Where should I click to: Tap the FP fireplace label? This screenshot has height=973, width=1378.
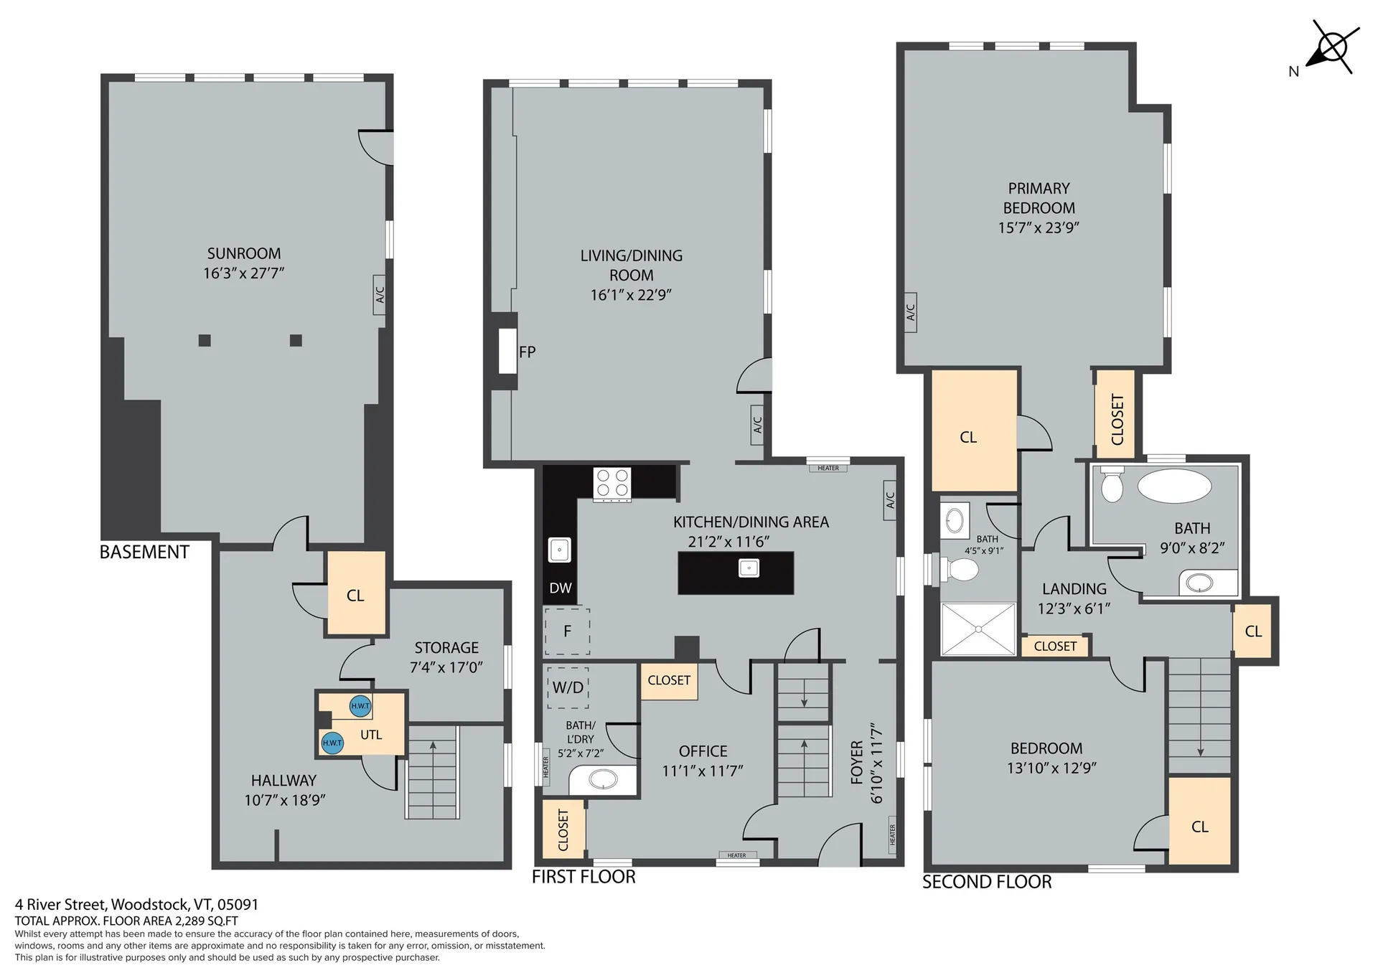click(528, 352)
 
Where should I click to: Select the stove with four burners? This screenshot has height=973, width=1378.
click(612, 484)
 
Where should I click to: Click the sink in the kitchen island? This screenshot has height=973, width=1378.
click(749, 568)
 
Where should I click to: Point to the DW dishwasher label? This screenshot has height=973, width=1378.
click(561, 588)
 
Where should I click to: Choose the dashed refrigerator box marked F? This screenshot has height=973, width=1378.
click(567, 631)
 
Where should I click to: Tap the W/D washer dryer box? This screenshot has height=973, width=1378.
click(568, 687)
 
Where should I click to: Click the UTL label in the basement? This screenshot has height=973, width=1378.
click(371, 735)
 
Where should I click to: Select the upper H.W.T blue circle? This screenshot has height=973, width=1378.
click(360, 706)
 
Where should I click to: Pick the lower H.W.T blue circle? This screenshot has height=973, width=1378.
click(332, 743)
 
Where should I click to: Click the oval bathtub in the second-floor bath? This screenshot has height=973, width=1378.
click(1174, 486)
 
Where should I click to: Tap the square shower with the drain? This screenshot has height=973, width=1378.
click(978, 629)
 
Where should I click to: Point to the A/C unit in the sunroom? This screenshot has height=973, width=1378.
click(380, 294)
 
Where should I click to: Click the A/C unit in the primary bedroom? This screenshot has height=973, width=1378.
click(910, 312)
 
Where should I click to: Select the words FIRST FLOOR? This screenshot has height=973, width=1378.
click(583, 877)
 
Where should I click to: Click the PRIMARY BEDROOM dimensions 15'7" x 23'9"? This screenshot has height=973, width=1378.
click(1039, 227)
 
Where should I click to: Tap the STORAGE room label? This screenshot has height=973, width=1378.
click(446, 648)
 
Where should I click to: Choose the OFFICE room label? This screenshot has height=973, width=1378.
click(703, 751)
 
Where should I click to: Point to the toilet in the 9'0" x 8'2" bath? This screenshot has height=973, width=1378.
click(1112, 484)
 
